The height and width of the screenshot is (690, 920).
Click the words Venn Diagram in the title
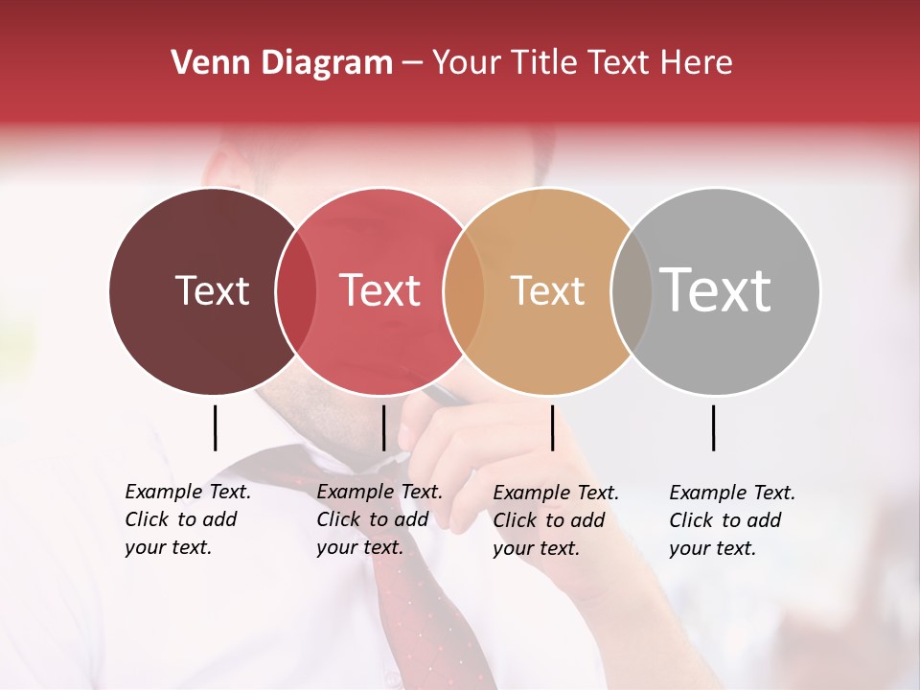click(282, 63)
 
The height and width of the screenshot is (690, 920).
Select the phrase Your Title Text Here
click(582, 63)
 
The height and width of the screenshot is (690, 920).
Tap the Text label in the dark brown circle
click(212, 290)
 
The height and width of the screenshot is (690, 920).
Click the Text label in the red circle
click(379, 290)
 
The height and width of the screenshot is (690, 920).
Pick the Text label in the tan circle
click(547, 290)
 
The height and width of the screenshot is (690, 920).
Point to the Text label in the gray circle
click(716, 289)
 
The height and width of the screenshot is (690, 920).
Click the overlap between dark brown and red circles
click(296, 291)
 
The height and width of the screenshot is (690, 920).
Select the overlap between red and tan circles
click(464, 291)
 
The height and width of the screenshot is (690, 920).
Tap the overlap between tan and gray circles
click(632, 291)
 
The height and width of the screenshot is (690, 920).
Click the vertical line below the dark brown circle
click(215, 427)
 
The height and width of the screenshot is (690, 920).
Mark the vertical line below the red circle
click(383, 427)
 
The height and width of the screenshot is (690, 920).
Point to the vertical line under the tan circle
click(552, 427)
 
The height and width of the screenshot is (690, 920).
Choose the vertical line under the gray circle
click(713, 427)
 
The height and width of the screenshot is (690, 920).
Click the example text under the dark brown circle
click(187, 519)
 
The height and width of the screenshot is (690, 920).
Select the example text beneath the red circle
click(379, 519)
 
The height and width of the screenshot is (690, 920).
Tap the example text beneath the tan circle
click(555, 520)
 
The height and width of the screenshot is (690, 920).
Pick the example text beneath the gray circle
click(731, 520)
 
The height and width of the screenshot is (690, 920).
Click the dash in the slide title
click(412, 64)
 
